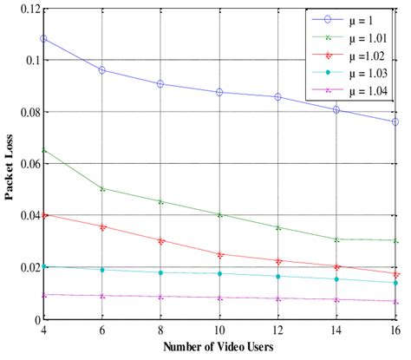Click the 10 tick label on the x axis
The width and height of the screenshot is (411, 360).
(219, 331)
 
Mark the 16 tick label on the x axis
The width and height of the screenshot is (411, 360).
(395, 331)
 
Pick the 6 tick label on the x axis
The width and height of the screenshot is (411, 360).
(102, 331)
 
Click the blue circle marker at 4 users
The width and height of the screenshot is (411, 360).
(43, 39)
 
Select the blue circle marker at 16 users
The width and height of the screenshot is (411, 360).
(395, 122)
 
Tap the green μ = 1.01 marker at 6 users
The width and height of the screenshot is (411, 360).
(102, 188)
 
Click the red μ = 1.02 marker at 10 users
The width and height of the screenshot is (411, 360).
(219, 255)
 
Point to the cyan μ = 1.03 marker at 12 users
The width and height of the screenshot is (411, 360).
(278, 277)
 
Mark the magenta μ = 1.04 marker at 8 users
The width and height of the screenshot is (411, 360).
(160, 297)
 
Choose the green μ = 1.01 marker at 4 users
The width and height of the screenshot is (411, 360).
(43, 150)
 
